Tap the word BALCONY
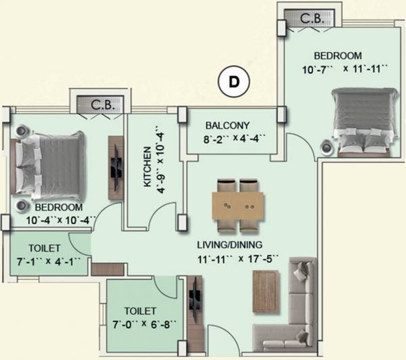pyautogui.click(x=229, y=125)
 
